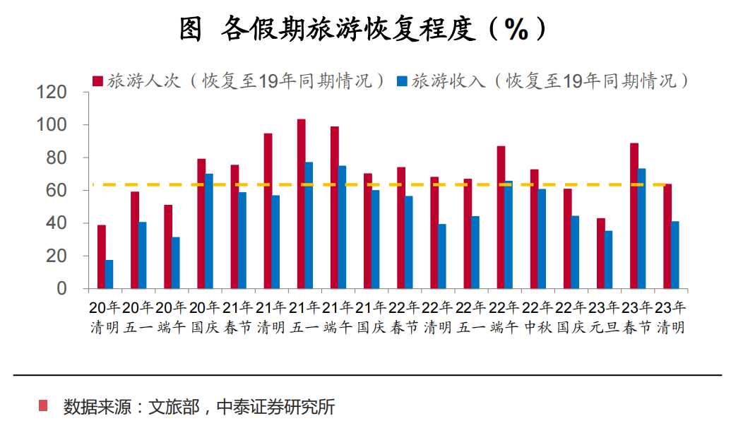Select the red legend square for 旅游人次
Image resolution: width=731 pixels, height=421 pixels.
tap(97, 81)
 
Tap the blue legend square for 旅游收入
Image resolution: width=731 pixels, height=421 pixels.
tap(403, 81)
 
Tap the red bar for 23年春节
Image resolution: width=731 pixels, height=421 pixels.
tap(634, 215)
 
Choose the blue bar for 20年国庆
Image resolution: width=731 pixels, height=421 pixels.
tap(209, 231)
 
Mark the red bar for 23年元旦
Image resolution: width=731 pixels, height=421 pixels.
tap(601, 253)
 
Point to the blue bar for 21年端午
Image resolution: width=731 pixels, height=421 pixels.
tap(342, 227)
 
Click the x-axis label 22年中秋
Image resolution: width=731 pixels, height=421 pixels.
tap(537, 318)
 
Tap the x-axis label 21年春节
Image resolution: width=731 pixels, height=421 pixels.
tap(237, 318)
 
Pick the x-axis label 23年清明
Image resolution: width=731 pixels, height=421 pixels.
tap(670, 318)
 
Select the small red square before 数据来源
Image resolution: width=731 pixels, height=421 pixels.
tap(44, 406)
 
